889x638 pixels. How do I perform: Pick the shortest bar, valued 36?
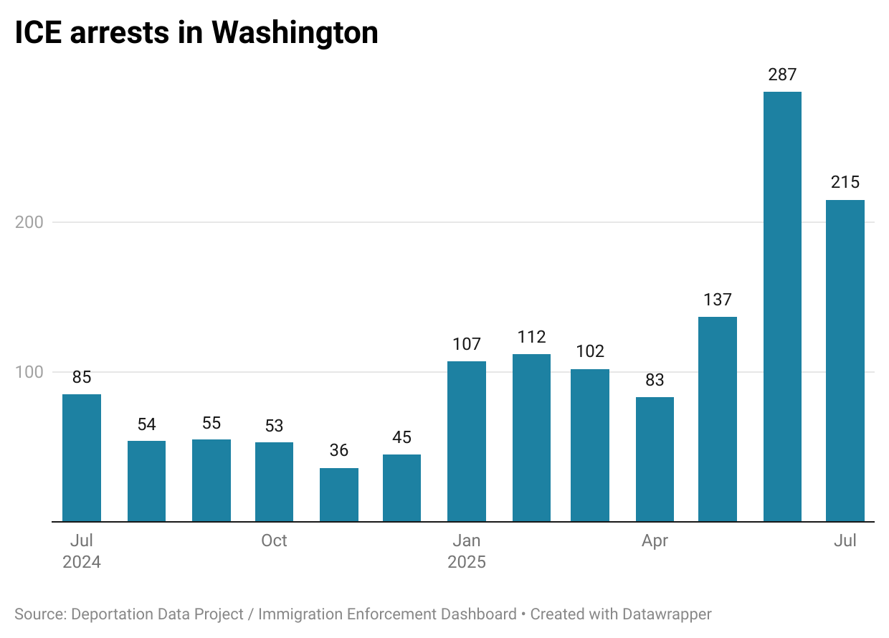click(338, 495)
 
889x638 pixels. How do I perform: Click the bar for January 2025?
click(467, 441)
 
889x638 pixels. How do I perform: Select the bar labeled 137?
click(718, 419)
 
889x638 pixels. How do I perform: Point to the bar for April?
click(655, 459)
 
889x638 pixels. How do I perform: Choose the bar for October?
click(274, 482)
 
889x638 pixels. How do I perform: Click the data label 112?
click(531, 337)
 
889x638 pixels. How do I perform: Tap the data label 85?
click(82, 377)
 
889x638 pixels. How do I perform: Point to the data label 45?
click(402, 437)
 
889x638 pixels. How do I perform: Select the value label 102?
click(590, 352)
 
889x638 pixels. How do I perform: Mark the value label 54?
click(146, 424)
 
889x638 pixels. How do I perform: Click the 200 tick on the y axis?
click(29, 222)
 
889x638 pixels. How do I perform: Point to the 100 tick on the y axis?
click(29, 372)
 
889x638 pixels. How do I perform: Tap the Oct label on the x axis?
click(274, 541)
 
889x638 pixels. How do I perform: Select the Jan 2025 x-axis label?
click(467, 551)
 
